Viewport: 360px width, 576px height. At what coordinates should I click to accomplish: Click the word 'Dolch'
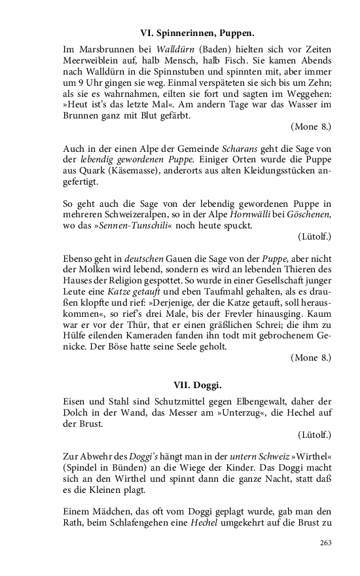pos(76,411)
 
